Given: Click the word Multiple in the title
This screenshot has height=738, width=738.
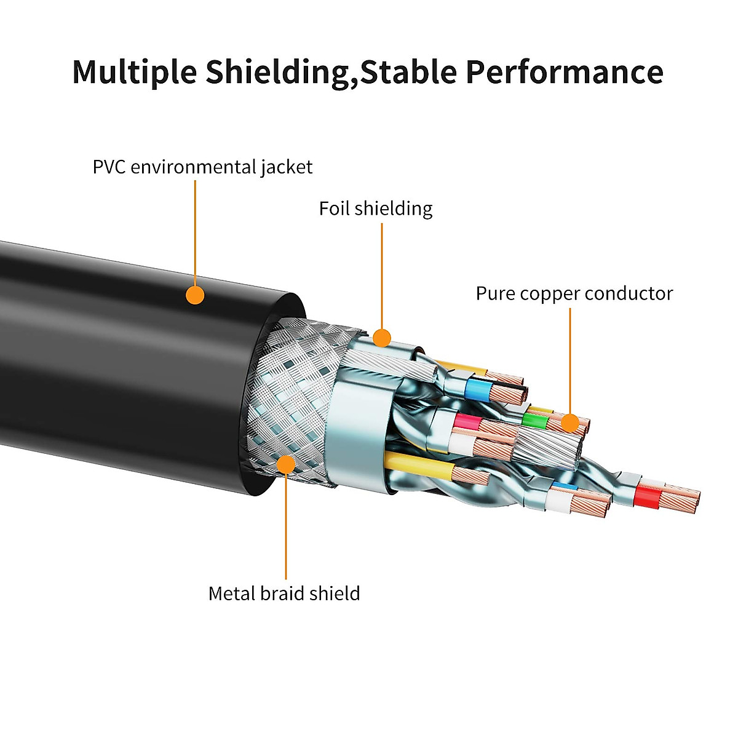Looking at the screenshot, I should (x=134, y=72).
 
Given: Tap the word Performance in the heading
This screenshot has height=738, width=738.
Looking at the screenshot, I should (x=564, y=72).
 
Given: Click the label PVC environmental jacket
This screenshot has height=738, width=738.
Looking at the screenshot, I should (x=202, y=167).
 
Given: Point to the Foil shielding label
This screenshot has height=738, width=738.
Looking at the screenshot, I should (x=375, y=208).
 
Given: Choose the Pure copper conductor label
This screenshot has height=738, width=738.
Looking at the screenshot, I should (x=574, y=293).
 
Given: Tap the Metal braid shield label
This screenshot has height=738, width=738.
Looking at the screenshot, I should (x=284, y=593).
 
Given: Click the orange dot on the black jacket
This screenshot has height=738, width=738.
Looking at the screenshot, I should (x=195, y=295).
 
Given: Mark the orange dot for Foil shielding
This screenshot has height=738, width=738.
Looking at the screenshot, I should (x=382, y=337).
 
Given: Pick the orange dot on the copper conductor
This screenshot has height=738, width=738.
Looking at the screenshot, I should (x=570, y=423).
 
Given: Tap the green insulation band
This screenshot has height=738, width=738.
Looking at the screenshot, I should (x=534, y=421).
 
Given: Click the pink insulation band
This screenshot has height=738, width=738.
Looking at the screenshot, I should (x=466, y=423).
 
